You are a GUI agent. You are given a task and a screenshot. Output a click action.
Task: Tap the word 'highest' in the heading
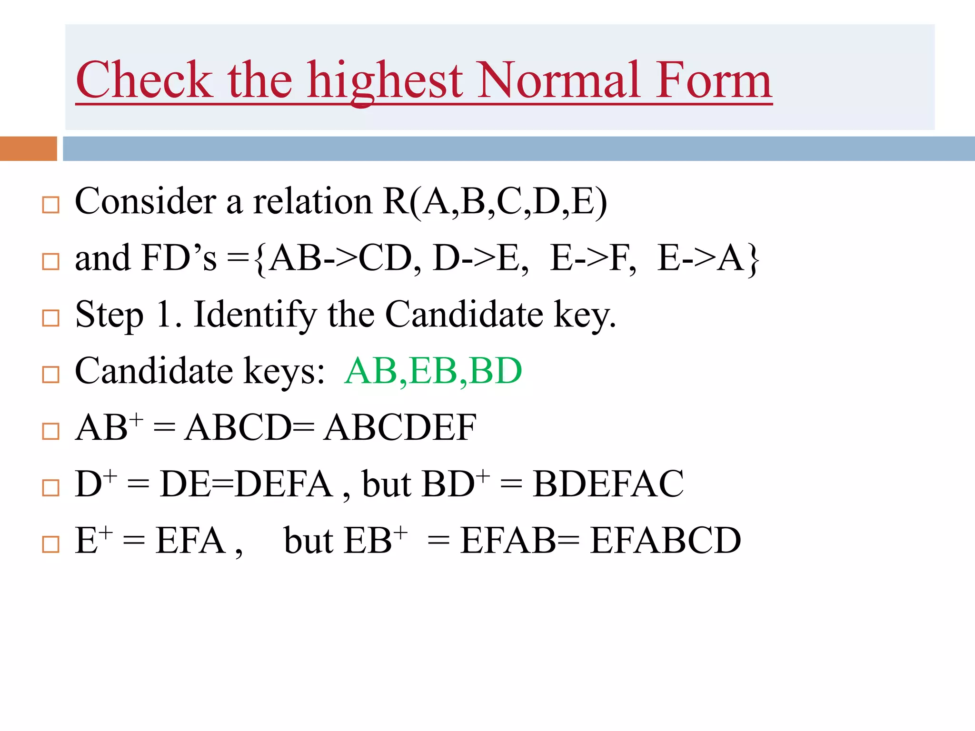click(x=385, y=81)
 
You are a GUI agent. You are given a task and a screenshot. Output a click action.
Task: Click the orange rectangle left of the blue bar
click(x=28, y=148)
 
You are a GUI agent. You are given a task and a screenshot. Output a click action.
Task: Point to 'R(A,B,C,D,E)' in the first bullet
click(x=495, y=202)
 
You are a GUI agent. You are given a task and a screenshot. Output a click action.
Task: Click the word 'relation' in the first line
click(x=312, y=202)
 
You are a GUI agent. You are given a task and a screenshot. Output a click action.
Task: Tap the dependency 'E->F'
click(x=592, y=258)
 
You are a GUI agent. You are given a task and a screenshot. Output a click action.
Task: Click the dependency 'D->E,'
click(x=480, y=258)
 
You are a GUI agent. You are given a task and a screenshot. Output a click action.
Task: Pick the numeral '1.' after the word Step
click(x=169, y=315)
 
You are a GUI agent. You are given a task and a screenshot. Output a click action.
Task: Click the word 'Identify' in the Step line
click(x=255, y=316)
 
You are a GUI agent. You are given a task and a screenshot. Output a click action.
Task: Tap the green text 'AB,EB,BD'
click(x=433, y=371)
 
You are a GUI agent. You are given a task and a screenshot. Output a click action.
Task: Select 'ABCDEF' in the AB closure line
click(x=400, y=427)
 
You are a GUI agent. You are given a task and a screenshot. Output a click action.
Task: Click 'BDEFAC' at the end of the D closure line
click(x=608, y=484)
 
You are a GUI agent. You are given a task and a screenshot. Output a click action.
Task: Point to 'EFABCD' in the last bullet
click(x=665, y=541)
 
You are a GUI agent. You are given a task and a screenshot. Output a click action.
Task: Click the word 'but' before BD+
click(x=387, y=484)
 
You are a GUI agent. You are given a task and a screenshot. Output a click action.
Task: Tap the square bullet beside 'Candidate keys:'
click(x=51, y=375)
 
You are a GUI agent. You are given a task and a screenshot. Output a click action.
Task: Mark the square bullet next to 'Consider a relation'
click(x=51, y=205)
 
